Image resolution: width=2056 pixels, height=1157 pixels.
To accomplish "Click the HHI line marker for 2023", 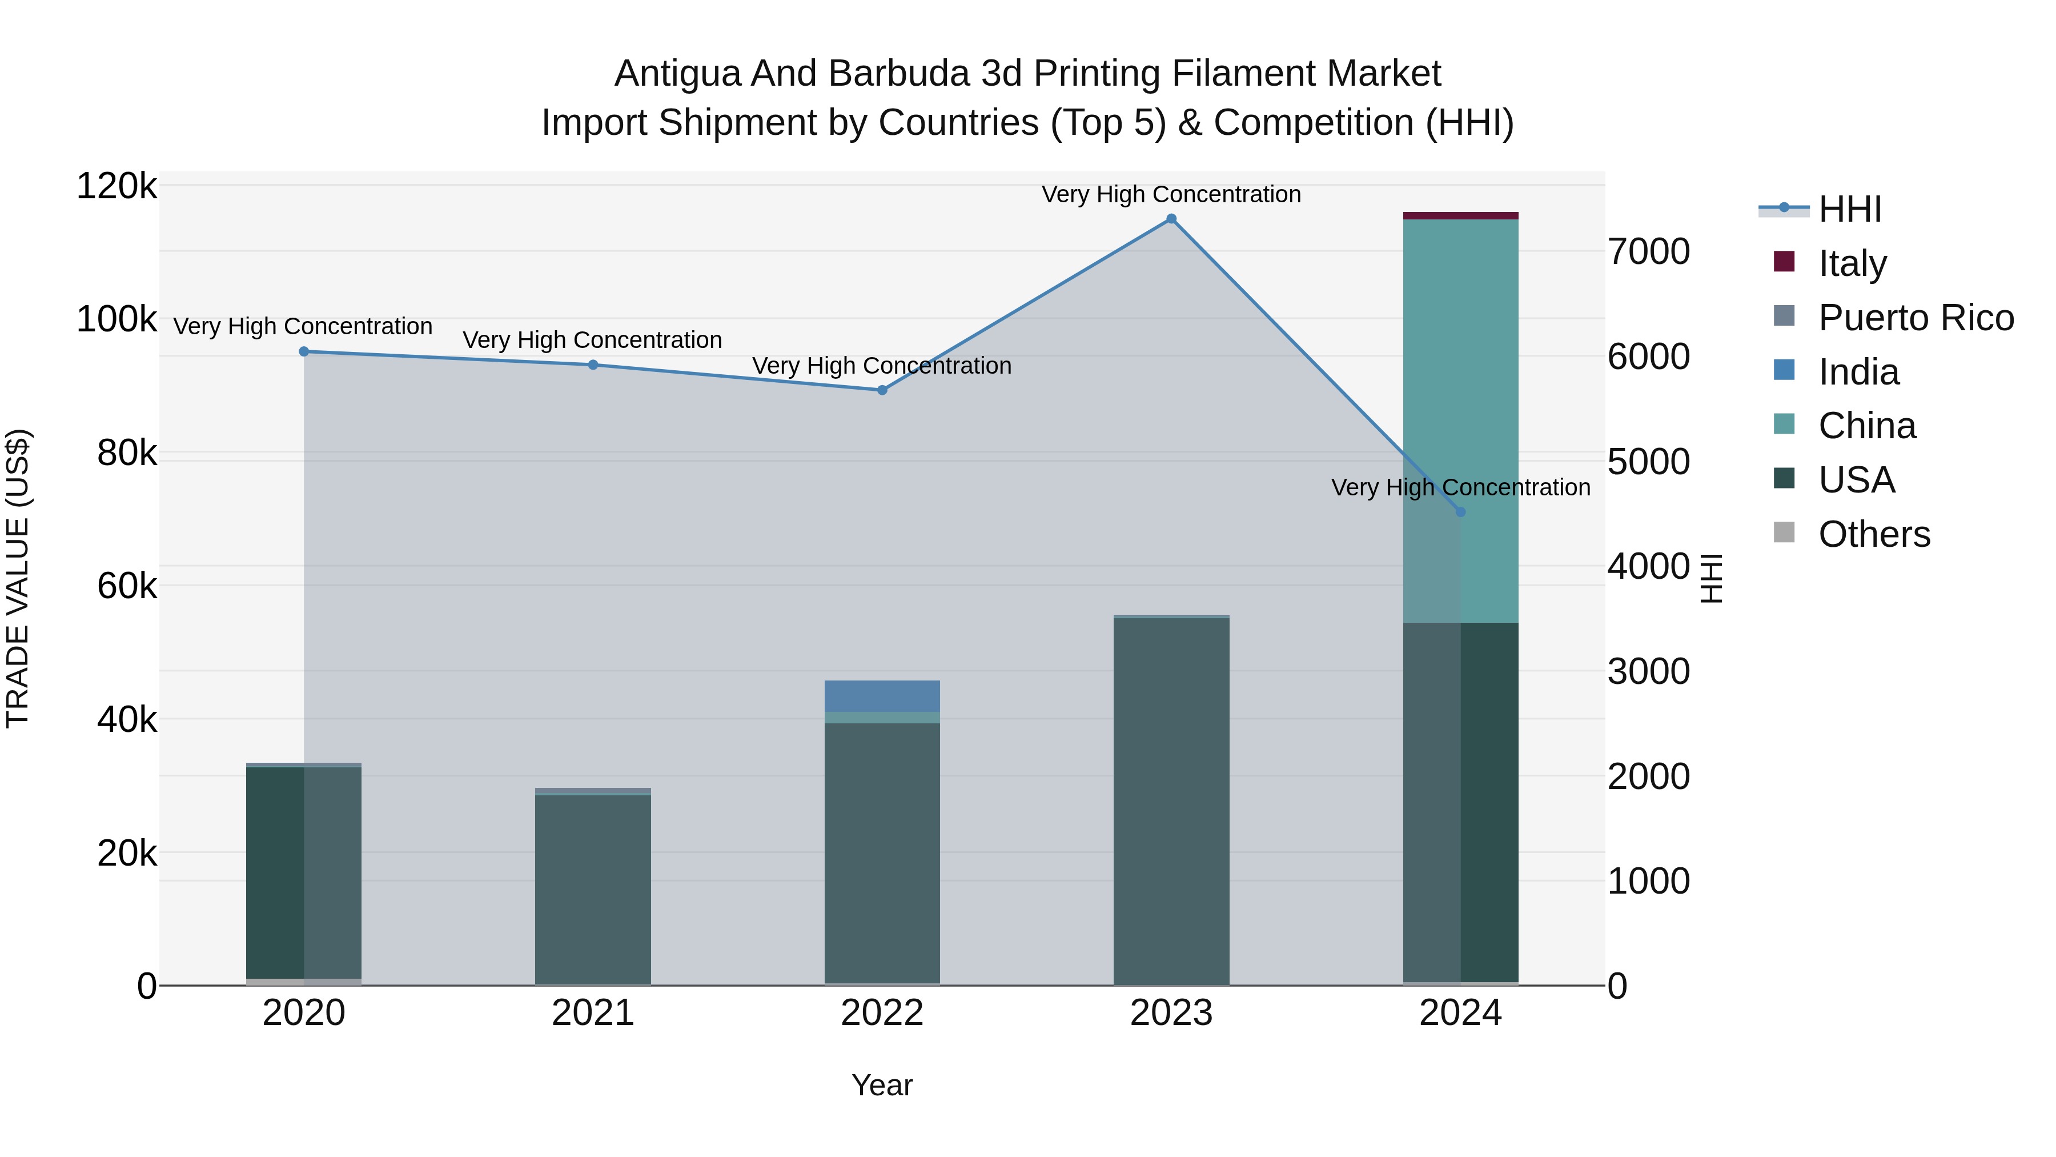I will click(1171, 219).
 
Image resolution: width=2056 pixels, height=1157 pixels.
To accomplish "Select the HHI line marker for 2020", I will click(304, 351).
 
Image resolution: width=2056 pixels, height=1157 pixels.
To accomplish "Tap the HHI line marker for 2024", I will click(1460, 512).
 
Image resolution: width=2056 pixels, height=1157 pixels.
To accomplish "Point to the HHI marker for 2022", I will click(882, 390).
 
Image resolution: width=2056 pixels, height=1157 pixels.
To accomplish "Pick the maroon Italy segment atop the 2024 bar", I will click(1460, 215).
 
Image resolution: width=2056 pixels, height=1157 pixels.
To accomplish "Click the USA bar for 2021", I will click(593, 886).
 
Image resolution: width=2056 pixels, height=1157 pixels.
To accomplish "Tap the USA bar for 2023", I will click(1171, 799).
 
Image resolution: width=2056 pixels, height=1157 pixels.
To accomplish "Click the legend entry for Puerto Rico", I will click(1916, 318).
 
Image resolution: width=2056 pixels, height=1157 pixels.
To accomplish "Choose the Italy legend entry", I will click(1852, 263).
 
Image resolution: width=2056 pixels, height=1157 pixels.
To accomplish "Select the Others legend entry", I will click(1873, 534).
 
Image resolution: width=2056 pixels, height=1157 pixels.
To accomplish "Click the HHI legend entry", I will click(1849, 209).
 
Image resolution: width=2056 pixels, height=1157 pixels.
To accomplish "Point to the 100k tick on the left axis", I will click(117, 320).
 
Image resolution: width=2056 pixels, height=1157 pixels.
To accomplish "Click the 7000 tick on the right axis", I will click(1649, 251).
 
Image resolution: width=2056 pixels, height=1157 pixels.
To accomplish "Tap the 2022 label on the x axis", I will click(882, 1013).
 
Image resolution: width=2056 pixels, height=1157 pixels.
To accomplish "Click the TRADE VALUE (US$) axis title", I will click(18, 578).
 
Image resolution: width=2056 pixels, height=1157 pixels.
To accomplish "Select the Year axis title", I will click(882, 1085).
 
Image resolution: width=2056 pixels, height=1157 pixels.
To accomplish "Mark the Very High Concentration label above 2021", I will click(592, 340).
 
